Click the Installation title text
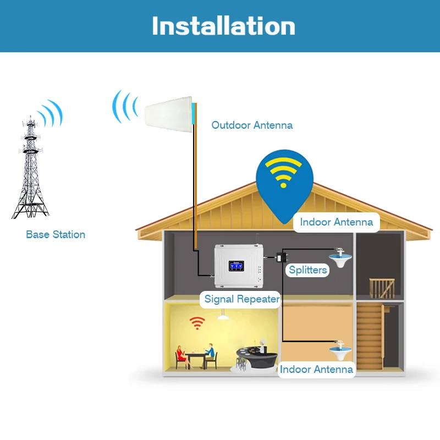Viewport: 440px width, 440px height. coord(223,26)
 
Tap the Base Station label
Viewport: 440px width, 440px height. coord(56,234)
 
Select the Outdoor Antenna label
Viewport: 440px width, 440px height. coord(252,125)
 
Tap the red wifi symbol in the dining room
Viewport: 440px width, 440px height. coord(197,323)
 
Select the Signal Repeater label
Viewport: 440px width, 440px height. coord(242,299)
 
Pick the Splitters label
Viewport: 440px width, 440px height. coord(308,269)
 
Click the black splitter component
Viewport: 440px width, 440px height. coord(283,256)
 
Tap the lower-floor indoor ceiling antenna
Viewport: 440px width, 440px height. coord(340,349)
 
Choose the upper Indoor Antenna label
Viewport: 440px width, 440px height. coord(336,222)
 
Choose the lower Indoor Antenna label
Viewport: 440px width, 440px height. coord(316,369)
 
